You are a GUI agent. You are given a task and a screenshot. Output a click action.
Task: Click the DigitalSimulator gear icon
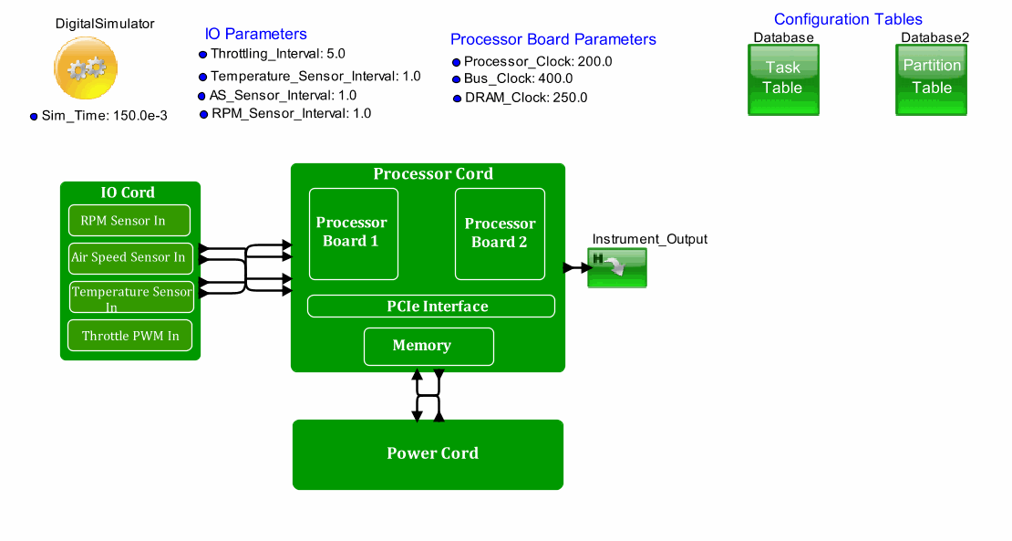[86, 68]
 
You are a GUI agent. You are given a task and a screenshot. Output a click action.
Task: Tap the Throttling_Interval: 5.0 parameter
[277, 54]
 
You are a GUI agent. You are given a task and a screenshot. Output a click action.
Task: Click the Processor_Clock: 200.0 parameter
[537, 61]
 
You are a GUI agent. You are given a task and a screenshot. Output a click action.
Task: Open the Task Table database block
[783, 79]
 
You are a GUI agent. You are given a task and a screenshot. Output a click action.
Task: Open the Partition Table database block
[932, 79]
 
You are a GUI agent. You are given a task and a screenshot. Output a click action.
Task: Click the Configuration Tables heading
[848, 19]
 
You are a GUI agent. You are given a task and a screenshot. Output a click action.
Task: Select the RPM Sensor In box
[129, 221]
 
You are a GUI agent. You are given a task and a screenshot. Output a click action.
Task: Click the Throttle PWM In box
[130, 336]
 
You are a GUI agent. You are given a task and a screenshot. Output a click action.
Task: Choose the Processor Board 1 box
[354, 234]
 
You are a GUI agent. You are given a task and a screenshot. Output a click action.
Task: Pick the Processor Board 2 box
[500, 234]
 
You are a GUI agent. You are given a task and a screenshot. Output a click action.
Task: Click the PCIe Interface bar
[431, 307]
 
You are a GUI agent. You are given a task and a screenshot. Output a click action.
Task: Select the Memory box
[429, 346]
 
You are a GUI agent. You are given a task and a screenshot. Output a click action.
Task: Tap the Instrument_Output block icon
[617, 268]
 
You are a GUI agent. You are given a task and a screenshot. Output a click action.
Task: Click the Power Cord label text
[432, 453]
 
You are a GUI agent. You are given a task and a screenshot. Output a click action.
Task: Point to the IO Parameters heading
[256, 34]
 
